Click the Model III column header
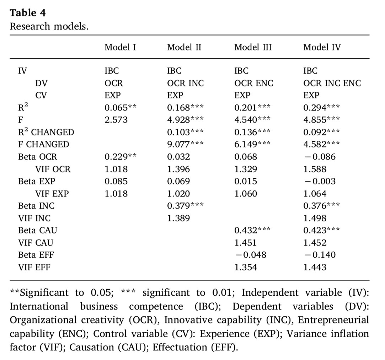[253, 47]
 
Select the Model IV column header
[322, 47]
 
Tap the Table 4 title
[27, 13]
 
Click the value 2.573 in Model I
[116, 120]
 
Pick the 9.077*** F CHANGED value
[185, 145]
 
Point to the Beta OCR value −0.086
[319, 157]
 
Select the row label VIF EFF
[34, 267]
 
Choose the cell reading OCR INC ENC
[332, 83]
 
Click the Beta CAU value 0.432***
[252, 230]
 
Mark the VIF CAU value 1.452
[315, 243]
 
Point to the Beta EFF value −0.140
[319, 255]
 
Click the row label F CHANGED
[43, 145]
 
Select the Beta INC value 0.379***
[185, 206]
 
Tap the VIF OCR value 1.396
[178, 169]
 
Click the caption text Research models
[49, 26]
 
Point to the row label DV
[41, 83]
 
